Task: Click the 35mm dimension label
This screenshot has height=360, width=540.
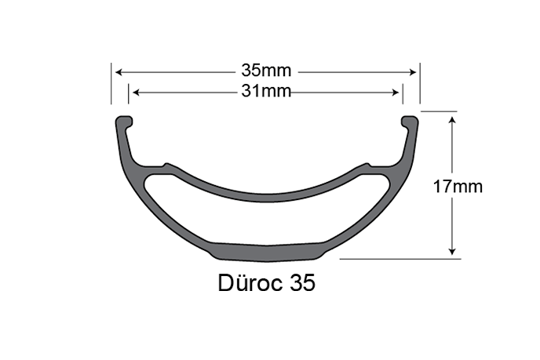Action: tap(266, 71)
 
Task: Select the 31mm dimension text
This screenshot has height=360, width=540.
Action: tap(266, 92)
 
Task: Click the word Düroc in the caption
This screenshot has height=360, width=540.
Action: tap(250, 283)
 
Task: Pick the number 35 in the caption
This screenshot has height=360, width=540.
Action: tap(301, 283)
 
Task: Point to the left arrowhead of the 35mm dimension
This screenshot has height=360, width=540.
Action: tap(119, 71)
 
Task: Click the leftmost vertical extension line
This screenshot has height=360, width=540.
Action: tap(111, 83)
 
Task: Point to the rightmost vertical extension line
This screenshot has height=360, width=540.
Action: tap(421, 83)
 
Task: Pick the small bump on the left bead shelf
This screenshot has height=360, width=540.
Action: tap(165, 165)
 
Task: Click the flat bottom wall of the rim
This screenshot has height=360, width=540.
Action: tap(266, 251)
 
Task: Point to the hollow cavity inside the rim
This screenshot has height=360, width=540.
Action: tap(266, 220)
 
